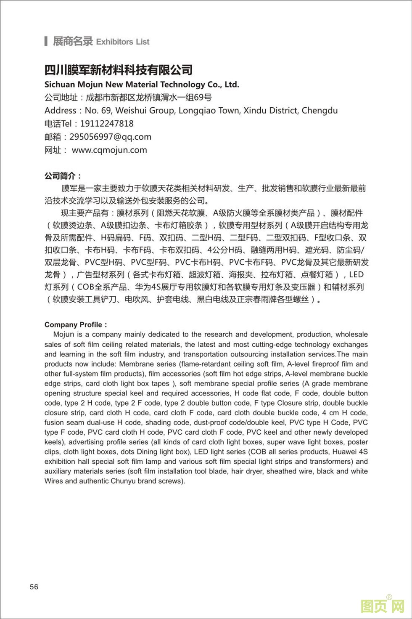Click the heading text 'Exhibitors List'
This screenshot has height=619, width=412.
[123, 42]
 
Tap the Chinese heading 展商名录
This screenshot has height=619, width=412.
[72, 41]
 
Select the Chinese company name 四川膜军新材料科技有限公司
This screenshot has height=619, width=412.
[119, 70]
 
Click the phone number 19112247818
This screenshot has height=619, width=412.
[107, 124]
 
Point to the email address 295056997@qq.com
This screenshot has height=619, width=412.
[110, 137]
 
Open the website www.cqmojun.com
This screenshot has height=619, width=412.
[109, 150]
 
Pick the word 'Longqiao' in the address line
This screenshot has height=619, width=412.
[195, 111]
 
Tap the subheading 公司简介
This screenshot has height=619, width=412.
[62, 176]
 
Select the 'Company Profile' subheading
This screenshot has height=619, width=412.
[74, 324]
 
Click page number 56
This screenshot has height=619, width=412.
[34, 587]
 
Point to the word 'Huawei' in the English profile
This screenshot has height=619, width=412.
[345, 452]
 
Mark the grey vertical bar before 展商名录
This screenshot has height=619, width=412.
[46, 41]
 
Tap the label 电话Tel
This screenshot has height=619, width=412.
[58, 124]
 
